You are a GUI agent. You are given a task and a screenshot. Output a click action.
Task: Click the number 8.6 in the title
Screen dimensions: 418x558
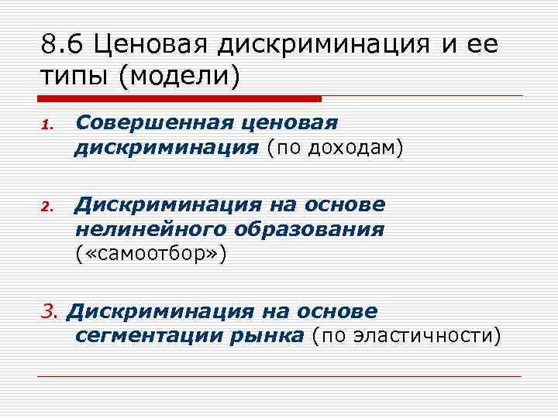point(64,46)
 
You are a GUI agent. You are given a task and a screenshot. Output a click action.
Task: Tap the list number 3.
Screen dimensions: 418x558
point(49,312)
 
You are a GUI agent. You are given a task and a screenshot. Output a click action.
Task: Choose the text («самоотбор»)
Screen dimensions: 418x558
point(151,253)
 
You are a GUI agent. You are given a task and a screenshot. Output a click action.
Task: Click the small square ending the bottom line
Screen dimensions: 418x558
point(526,376)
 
